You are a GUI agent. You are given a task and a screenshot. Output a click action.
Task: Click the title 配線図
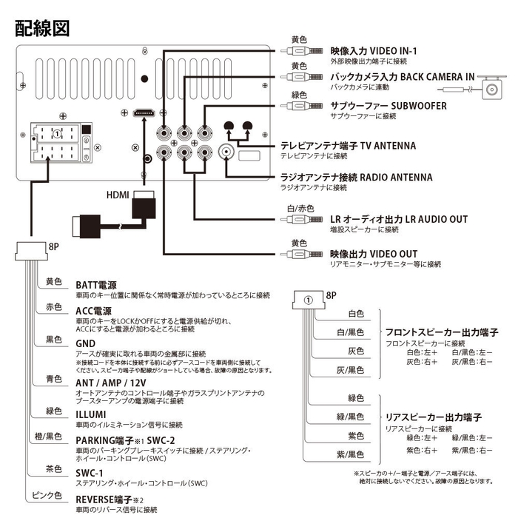point(42,28)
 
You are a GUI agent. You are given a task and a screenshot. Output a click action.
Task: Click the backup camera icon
point(492,87)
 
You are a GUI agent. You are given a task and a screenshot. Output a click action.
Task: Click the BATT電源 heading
point(96,285)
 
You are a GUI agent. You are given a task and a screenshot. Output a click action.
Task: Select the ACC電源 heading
point(94,311)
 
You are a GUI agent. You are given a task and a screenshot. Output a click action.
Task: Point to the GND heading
point(85,344)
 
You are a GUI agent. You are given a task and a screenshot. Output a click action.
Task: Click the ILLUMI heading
point(91,414)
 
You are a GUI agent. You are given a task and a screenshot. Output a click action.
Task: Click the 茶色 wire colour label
point(53,469)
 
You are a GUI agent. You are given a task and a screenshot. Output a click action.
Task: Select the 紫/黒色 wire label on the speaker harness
point(350,454)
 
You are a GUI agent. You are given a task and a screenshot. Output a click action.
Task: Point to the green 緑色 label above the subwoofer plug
point(299,95)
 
